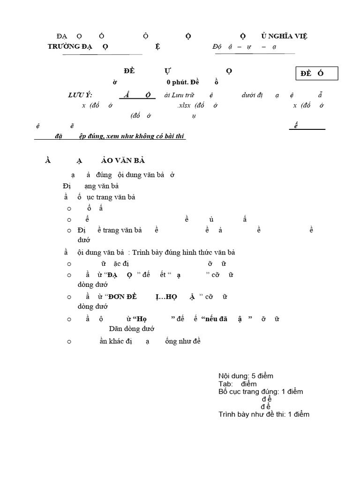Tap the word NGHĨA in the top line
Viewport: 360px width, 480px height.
[281, 36]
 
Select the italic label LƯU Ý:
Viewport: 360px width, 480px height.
[80, 95]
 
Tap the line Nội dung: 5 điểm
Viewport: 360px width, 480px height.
[246, 376]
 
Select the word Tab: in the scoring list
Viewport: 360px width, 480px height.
[225, 384]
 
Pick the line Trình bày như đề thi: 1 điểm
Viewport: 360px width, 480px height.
[264, 414]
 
